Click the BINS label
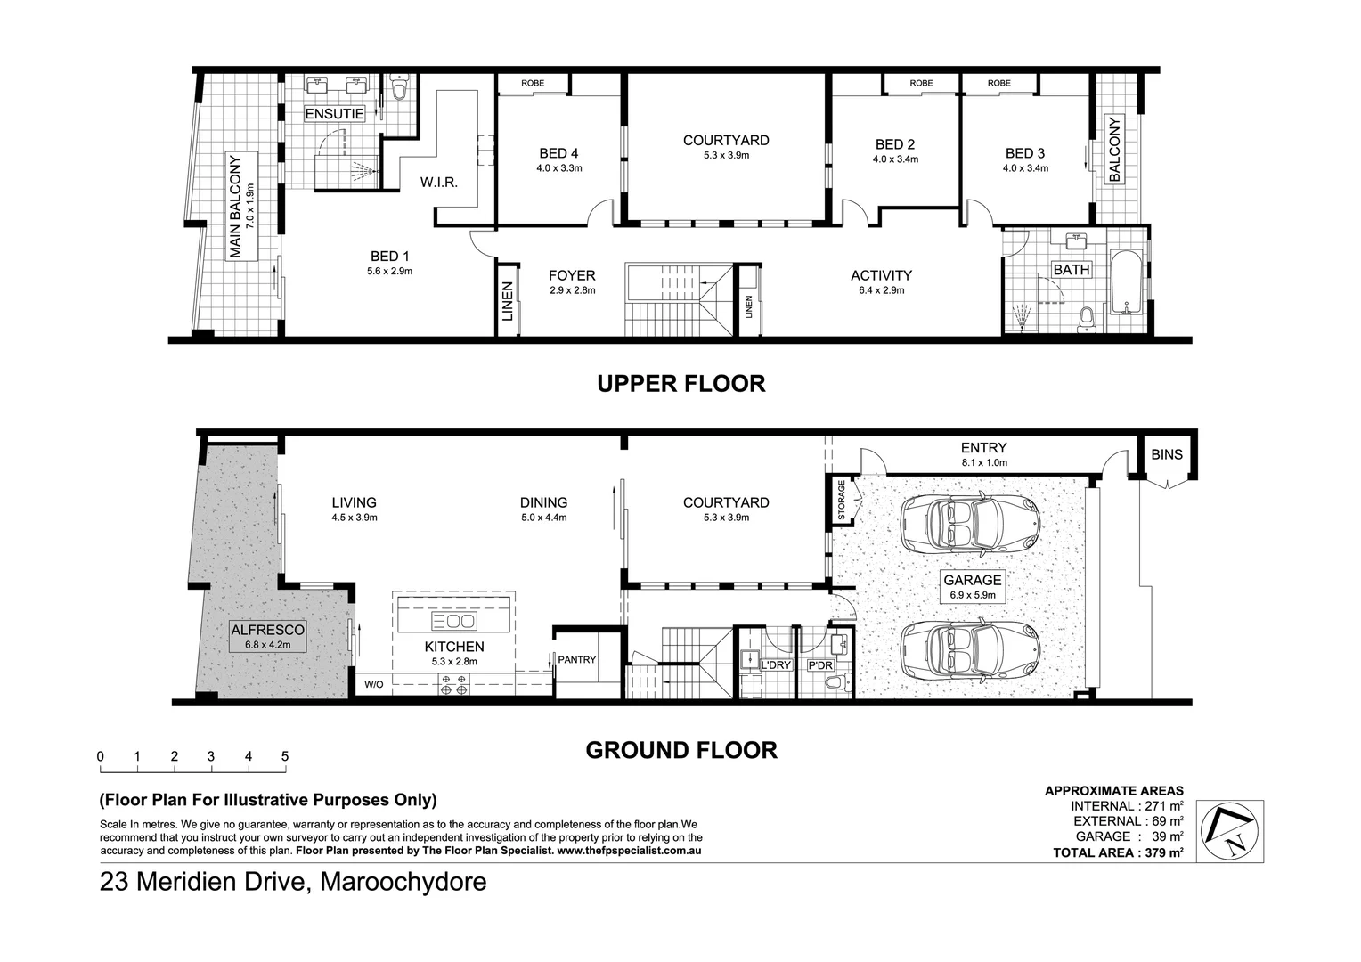pos(1167,454)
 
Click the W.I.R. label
pos(439,183)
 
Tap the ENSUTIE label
pos(334,114)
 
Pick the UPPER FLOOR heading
pos(680,384)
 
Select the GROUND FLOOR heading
pos(680,750)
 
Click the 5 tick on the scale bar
pos(285,757)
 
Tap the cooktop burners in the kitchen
pos(453,684)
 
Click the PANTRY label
pos(577,660)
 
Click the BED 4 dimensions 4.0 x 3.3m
pos(558,167)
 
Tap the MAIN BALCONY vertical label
pos(235,208)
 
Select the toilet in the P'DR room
pos(835,683)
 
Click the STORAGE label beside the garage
pos(841,501)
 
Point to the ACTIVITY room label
pos(881,275)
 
